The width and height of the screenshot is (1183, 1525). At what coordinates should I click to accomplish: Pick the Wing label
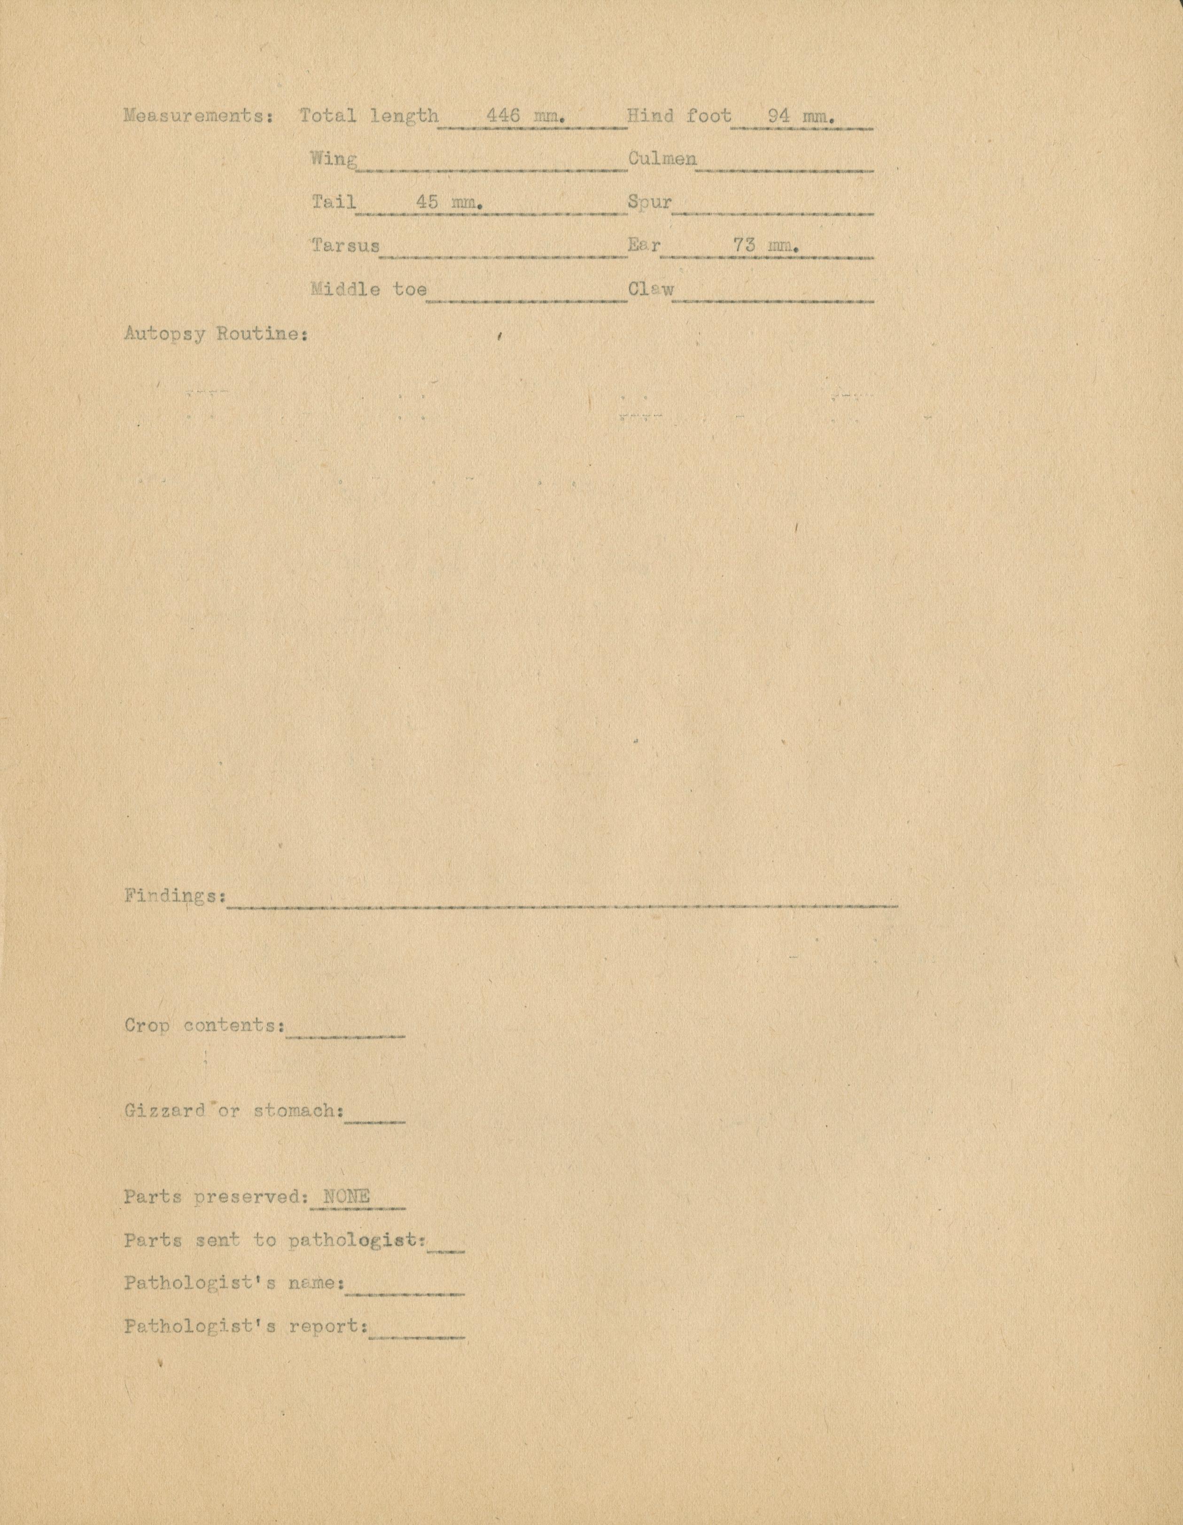click(x=334, y=159)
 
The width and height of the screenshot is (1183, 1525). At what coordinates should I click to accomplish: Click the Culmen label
click(x=662, y=159)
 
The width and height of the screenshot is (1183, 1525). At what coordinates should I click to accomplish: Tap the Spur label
click(x=649, y=203)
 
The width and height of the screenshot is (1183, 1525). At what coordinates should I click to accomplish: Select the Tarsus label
click(x=345, y=246)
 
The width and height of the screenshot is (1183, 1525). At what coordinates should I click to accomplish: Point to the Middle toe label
click(x=368, y=289)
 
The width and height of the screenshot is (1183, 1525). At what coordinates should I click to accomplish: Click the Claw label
click(x=651, y=289)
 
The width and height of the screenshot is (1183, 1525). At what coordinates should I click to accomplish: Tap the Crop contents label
click(x=204, y=1026)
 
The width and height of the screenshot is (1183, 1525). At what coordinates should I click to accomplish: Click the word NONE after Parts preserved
click(x=346, y=1197)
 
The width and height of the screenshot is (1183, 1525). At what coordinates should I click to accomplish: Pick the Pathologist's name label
click(x=234, y=1283)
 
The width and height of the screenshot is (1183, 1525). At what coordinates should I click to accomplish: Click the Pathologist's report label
click(x=246, y=1326)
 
